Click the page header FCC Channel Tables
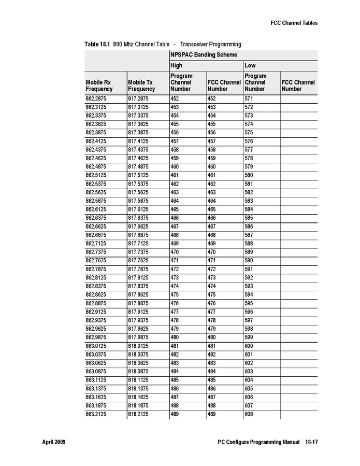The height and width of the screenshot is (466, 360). click(x=294, y=23)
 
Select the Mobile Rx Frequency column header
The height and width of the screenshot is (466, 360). click(x=99, y=86)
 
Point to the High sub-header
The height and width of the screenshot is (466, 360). click(x=177, y=66)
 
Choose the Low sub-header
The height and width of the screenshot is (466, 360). click(x=250, y=66)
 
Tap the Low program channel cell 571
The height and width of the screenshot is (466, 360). click(x=249, y=98)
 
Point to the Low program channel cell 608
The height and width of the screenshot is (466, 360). click(x=249, y=414)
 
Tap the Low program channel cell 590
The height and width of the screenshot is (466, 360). click(x=249, y=260)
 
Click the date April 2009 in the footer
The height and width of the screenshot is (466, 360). click(x=53, y=442)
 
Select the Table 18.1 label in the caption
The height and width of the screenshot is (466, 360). click(x=97, y=44)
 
